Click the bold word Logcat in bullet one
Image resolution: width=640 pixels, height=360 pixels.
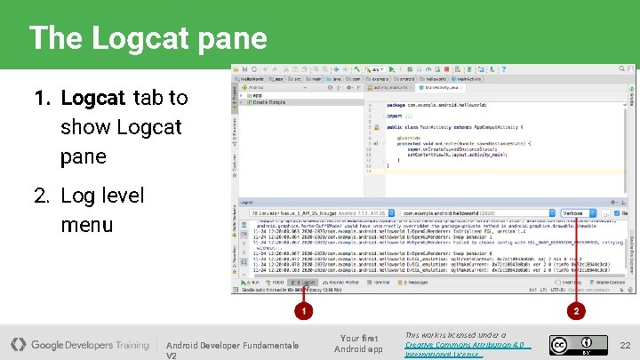(x=92, y=97)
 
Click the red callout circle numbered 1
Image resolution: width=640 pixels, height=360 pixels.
(x=303, y=311)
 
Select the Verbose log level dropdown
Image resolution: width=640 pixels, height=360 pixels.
(x=582, y=213)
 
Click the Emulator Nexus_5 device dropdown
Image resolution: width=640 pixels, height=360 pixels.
(x=320, y=213)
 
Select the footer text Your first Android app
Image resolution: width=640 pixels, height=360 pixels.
(x=358, y=343)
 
